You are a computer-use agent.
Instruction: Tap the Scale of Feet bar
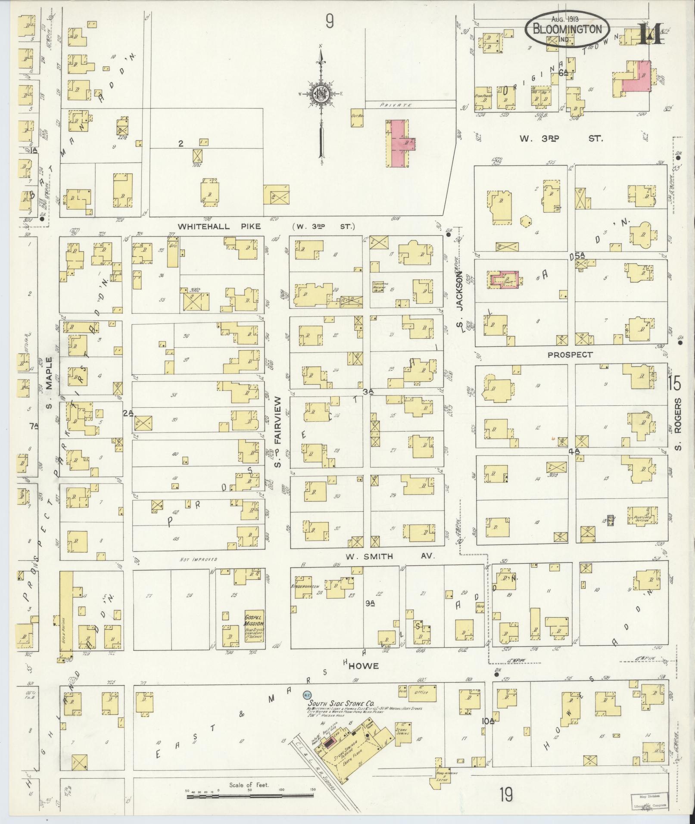point(250,797)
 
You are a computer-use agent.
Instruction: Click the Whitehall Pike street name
point(220,226)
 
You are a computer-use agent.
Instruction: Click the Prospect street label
point(570,355)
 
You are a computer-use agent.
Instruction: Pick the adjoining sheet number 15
point(675,382)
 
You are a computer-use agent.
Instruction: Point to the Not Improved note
point(199,560)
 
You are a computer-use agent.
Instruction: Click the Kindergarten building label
point(305,587)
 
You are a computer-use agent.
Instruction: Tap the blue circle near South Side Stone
point(307,695)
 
